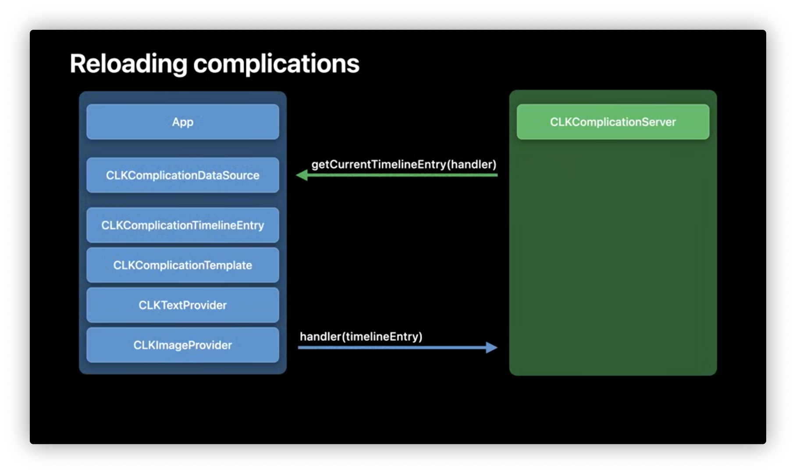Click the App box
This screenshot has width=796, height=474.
pos(183,122)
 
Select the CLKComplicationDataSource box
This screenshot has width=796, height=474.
pos(183,175)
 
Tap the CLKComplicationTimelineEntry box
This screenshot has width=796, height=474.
pos(183,225)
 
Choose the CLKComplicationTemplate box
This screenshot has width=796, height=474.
pos(183,265)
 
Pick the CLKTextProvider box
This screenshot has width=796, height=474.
pos(183,305)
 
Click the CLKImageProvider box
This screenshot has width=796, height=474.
pos(183,345)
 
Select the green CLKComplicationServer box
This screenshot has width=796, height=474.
pos(613,122)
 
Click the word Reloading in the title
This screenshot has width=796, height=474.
pos(128,64)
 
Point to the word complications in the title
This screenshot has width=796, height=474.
pos(276,64)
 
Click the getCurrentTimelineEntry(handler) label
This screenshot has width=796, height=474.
pos(404,165)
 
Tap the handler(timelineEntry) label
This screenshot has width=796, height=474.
pos(361,337)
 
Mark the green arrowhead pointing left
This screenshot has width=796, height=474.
pos(302,175)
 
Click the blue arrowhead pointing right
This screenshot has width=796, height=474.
pos(492,348)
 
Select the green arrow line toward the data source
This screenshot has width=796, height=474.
pos(397,175)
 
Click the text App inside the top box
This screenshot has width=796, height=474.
pos(183,122)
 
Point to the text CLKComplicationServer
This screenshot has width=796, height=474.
pos(613,122)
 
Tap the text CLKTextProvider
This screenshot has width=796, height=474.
pos(183,305)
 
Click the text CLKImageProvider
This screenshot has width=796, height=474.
pos(183,345)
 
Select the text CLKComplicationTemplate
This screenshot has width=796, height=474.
pos(183,265)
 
